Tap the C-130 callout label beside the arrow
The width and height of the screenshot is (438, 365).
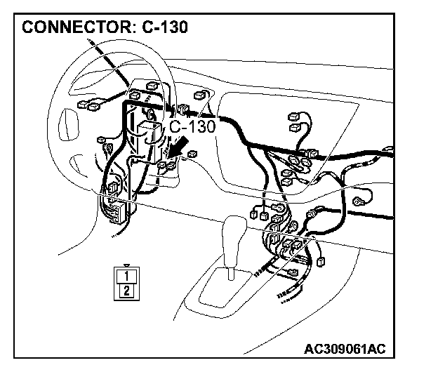(192, 126)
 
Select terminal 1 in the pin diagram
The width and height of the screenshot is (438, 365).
(126, 276)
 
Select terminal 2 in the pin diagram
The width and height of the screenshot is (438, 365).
(126, 290)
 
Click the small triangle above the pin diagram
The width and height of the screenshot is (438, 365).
(126, 265)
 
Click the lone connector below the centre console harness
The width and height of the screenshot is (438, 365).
(321, 262)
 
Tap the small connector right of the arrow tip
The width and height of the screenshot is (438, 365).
(192, 154)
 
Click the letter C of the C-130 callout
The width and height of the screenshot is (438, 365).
(175, 126)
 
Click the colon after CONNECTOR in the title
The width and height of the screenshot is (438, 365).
(125, 29)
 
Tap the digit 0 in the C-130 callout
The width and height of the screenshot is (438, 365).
(209, 126)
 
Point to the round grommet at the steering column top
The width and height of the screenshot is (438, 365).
(149, 112)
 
